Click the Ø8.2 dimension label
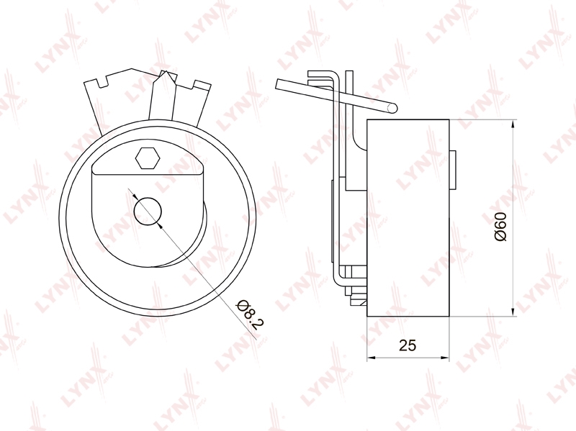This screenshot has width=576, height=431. point(251,314)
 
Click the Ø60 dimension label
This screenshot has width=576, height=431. point(500,227)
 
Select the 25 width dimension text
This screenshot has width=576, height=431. point(408,345)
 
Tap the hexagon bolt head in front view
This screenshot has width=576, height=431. point(148,158)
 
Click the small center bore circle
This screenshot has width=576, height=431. point(148,212)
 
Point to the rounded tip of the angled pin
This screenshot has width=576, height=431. point(392,107)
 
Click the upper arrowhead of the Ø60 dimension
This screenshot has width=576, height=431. point(513,124)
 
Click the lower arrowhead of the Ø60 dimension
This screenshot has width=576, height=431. point(513,312)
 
